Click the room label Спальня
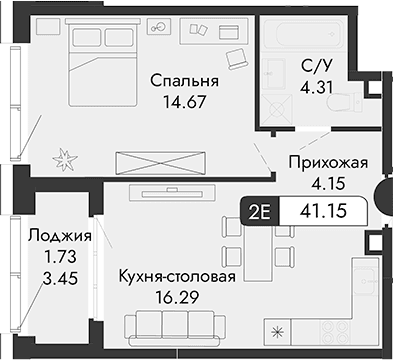click(179, 80)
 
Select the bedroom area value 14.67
click(179, 100)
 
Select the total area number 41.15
click(326, 211)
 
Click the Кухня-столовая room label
click(176, 277)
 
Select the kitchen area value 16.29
click(176, 297)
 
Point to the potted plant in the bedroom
click(67, 157)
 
